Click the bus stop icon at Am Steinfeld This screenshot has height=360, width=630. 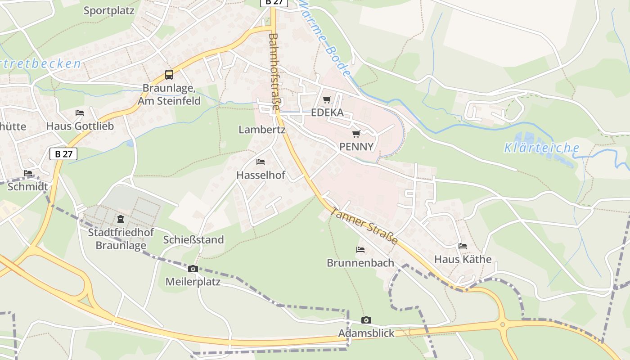[x=169, y=75]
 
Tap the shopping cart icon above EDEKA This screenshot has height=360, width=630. [x=327, y=99]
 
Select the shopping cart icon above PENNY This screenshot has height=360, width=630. [x=356, y=134]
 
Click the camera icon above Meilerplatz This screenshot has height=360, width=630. [x=193, y=269]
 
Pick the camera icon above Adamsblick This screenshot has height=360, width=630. [x=366, y=320]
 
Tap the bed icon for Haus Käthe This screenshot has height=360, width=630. [x=463, y=246]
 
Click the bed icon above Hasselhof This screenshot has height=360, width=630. [x=261, y=162]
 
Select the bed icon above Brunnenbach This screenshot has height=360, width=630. [x=360, y=249]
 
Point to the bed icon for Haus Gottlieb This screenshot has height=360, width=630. [x=80, y=112]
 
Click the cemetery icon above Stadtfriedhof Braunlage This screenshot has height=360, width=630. [x=121, y=219]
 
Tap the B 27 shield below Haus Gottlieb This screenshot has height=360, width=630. [x=63, y=154]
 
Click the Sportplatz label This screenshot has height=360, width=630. [x=109, y=11]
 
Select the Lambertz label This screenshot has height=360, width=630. [x=262, y=130]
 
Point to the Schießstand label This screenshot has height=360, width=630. [x=193, y=239]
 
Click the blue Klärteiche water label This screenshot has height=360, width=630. [x=541, y=148]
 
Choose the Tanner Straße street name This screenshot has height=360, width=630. [x=364, y=226]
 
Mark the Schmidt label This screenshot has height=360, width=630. [x=28, y=186]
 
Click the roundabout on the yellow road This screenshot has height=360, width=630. [x=503, y=324]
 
